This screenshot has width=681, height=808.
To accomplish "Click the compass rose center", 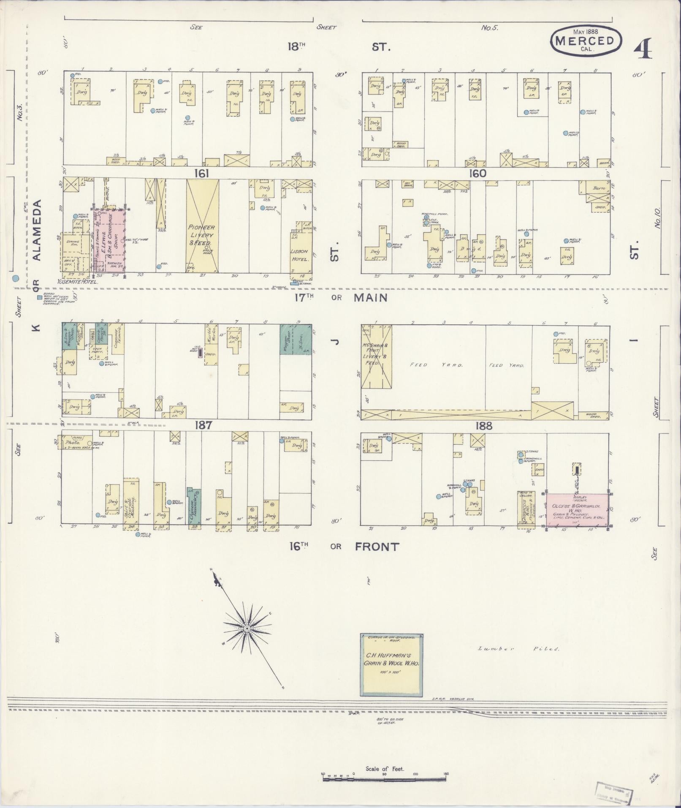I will (246, 629).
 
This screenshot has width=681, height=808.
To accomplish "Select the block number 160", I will (477, 173).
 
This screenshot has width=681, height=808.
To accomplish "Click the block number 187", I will (203, 425).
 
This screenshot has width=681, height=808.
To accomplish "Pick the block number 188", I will (483, 426).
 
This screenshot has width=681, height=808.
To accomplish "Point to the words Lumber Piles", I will (519, 660).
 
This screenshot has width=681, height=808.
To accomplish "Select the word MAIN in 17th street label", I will (370, 298).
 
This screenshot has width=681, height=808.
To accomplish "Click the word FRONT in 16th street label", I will (377, 547).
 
